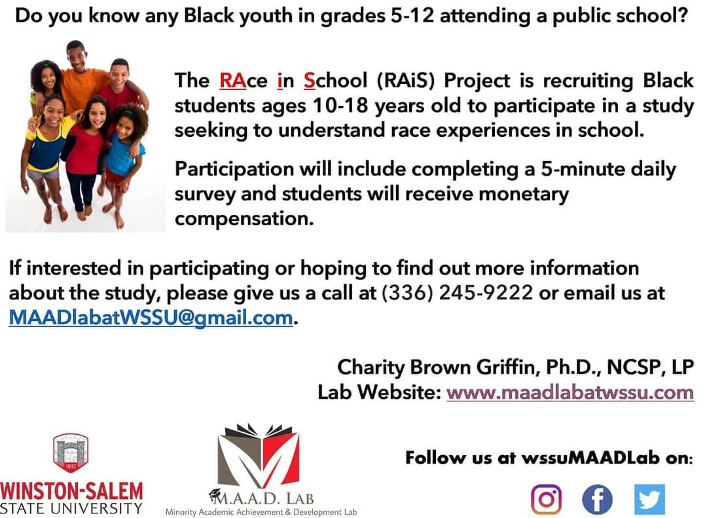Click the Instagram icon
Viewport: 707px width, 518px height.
(x=547, y=500)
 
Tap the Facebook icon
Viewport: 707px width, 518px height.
(x=597, y=500)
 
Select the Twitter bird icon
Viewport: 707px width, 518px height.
(x=649, y=500)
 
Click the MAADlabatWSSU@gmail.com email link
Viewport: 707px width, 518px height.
(x=151, y=318)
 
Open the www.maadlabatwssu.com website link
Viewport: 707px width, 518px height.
(x=570, y=392)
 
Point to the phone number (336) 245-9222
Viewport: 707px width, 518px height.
(x=457, y=293)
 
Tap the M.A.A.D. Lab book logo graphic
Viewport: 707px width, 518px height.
(x=260, y=454)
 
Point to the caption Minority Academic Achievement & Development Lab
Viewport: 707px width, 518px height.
(x=261, y=512)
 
